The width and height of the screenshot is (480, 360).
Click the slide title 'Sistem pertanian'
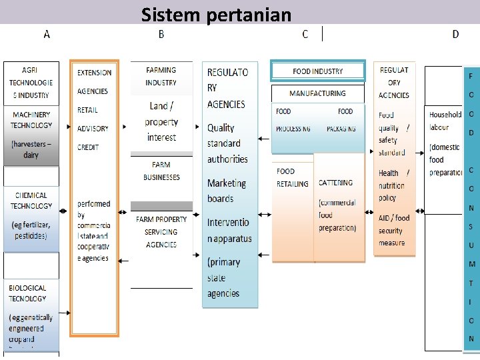216,14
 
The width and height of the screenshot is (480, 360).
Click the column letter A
47,34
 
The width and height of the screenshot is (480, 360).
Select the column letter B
161,34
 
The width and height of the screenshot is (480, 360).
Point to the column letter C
305,34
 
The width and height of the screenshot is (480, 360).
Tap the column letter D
455,34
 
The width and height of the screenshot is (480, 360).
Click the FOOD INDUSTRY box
317,71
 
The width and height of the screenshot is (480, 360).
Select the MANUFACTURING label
317,94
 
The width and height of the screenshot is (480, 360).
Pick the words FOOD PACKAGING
341,120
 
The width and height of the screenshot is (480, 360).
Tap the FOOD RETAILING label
293,177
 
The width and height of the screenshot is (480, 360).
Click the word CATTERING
335,183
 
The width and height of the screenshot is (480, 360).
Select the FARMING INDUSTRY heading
161,76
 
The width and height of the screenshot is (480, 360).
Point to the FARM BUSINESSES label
161,171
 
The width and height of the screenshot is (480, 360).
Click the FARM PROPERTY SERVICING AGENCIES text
161,232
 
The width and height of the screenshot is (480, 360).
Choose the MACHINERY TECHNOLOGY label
31,120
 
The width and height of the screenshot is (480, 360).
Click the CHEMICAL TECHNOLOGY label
31,201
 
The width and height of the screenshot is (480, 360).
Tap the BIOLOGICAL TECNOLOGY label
28,293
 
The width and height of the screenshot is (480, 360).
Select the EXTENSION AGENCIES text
94,81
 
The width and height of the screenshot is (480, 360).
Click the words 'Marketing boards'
226,191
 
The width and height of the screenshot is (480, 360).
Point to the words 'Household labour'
444,121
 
